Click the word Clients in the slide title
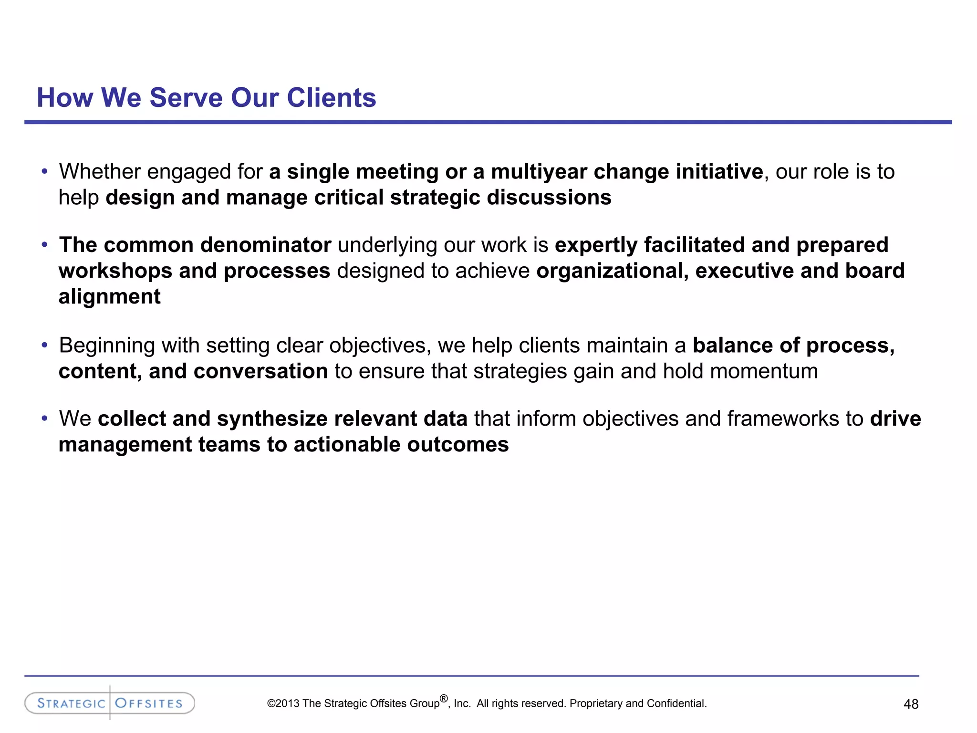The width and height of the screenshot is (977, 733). (331, 98)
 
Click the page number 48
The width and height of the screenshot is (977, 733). (911, 704)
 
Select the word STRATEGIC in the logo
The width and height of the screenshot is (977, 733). (71, 703)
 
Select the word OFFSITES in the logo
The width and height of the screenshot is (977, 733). (149, 703)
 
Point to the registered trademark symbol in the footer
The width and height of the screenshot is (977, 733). (444, 699)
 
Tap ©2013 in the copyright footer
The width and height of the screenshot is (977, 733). (283, 703)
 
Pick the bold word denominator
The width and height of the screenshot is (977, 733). (265, 245)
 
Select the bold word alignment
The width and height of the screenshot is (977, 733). (110, 297)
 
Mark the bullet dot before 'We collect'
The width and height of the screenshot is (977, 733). (44, 419)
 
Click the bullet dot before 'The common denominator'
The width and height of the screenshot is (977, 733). (44, 245)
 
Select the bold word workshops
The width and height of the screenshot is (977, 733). (115, 271)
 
